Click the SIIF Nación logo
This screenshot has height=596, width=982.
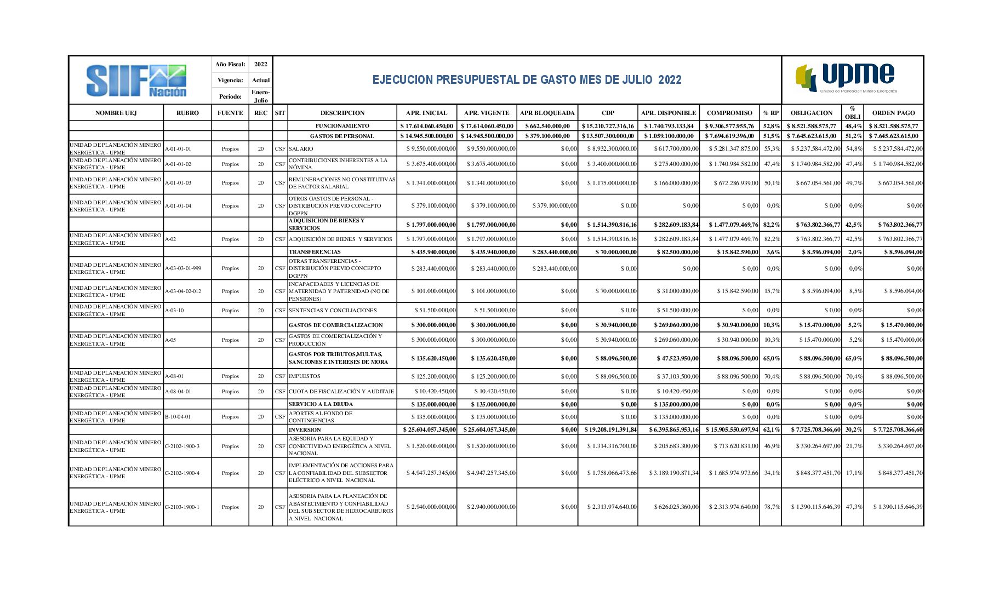click(136, 81)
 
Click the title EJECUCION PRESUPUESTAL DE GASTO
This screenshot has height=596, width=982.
click(527, 80)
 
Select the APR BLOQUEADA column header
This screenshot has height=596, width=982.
click(547, 113)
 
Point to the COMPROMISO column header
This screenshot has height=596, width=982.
click(729, 113)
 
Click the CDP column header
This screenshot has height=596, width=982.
click(608, 113)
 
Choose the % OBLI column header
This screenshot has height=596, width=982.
click(852, 112)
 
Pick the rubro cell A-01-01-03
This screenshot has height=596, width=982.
click(178, 183)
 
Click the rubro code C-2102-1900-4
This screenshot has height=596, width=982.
click(182, 473)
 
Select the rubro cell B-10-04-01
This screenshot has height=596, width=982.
click(178, 417)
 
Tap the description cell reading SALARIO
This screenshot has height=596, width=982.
click(301, 149)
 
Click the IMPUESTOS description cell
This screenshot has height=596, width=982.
click(305, 376)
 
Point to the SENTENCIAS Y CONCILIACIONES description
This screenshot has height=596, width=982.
click(333, 311)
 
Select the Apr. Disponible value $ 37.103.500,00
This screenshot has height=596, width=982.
click(677, 377)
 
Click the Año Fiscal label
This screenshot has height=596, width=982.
click(230, 64)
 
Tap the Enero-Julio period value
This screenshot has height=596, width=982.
click(261, 96)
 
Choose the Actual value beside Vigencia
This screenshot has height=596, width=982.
click(261, 80)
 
